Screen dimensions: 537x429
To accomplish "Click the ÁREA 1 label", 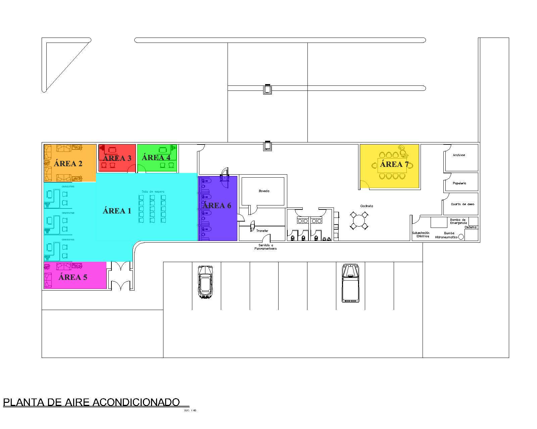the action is point(117,211).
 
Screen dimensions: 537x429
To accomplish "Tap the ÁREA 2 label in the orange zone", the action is point(68,164).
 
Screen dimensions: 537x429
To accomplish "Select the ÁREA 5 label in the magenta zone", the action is point(73,277).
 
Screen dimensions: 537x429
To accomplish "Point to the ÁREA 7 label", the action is point(394,164).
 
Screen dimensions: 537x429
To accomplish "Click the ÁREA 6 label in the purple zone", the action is point(217,205).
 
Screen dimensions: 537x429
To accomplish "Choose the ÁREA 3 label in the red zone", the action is point(117,158).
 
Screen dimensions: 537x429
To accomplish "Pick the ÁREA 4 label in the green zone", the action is point(156,157).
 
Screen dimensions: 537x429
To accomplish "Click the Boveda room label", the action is point(264,191).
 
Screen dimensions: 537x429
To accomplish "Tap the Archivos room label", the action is point(459,155).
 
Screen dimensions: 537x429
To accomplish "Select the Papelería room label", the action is point(459,183).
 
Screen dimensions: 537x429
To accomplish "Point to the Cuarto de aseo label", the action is point(462,204).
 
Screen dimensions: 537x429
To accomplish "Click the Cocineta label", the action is point(367,206).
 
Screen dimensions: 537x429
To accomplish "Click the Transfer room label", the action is point(262,231).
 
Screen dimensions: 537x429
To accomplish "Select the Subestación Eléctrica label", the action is point(421,234).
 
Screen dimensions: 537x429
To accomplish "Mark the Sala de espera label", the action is point(153,192).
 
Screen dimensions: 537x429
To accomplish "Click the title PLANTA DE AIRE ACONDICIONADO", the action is point(91,402).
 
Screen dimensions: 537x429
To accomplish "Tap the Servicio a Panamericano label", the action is point(265,247).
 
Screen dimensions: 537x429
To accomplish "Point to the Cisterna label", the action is point(471,227).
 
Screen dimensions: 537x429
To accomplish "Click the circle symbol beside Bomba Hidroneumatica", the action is point(461,237).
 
